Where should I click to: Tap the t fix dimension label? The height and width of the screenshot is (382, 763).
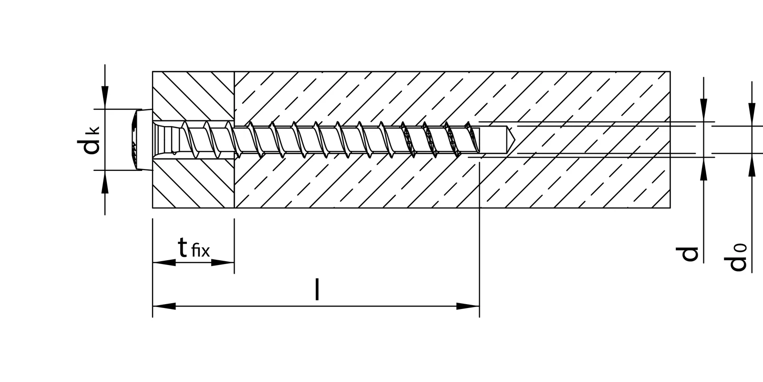click(x=193, y=248)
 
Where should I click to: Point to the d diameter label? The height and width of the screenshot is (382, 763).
click(x=689, y=254)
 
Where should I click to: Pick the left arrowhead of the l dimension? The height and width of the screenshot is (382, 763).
click(x=164, y=306)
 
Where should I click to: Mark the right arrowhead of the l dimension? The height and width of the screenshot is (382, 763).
click(x=468, y=306)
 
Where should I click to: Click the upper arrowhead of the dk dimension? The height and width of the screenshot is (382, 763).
click(x=105, y=98)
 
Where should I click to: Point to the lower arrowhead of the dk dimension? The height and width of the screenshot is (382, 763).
click(x=105, y=181)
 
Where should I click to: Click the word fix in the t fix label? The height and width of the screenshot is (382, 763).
click(x=200, y=251)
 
